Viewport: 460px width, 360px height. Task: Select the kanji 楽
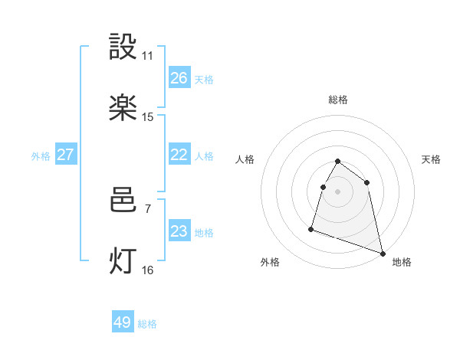click(123, 108)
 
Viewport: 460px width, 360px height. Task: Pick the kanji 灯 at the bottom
click(123, 260)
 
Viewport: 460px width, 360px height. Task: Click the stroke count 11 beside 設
click(147, 57)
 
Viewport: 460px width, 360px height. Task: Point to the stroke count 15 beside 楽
click(147, 117)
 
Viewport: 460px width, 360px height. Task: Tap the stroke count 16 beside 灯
click(147, 270)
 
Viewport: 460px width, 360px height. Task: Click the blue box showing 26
click(179, 78)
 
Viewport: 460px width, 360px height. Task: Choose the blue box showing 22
click(179, 155)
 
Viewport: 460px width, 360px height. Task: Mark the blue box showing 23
click(179, 231)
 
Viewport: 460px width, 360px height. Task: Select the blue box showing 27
click(66, 155)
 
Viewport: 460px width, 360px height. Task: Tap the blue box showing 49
click(123, 322)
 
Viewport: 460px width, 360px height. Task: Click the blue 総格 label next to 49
click(147, 324)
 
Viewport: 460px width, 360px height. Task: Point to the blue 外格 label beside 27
click(41, 156)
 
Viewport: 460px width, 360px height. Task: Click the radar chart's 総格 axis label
click(338, 100)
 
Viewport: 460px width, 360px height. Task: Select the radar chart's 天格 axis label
click(432, 159)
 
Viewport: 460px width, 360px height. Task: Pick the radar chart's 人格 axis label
click(245, 159)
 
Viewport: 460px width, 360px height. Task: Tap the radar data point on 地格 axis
click(383, 254)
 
